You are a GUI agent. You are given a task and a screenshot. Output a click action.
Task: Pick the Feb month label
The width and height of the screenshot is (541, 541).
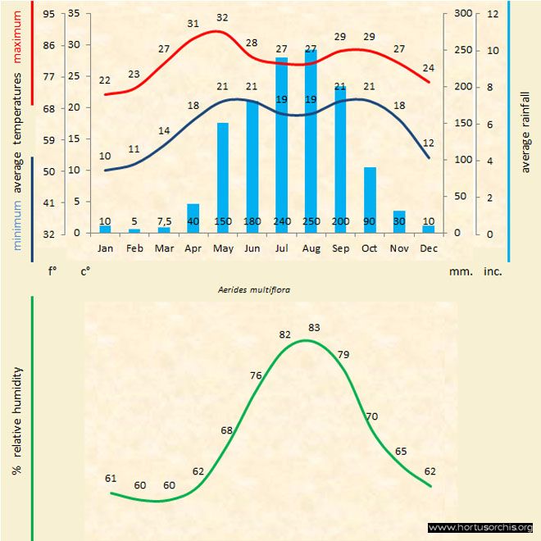click(x=134, y=247)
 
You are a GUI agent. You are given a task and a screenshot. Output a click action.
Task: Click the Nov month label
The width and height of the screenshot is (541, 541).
click(x=399, y=247)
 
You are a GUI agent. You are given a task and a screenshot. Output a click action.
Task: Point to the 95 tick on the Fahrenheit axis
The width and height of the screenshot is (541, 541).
click(x=49, y=14)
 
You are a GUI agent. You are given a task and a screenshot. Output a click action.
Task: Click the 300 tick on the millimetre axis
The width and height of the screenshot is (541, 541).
click(x=463, y=14)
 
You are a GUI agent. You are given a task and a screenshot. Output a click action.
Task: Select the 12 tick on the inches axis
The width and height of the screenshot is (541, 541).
click(x=492, y=14)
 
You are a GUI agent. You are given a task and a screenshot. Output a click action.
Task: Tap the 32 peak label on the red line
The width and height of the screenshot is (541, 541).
click(x=222, y=17)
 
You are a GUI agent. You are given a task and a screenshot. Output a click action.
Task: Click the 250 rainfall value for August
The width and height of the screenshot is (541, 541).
click(x=311, y=222)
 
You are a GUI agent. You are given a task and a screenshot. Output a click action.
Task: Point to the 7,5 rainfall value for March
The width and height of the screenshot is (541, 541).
click(x=164, y=222)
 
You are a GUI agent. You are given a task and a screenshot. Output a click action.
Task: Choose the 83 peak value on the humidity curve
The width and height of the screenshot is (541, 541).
click(x=314, y=327)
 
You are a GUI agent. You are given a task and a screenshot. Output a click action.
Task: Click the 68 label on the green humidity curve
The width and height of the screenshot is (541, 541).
click(x=227, y=430)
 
